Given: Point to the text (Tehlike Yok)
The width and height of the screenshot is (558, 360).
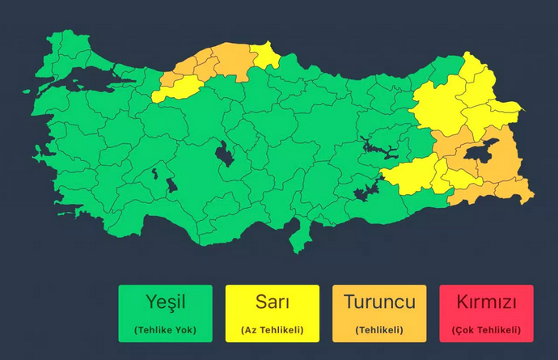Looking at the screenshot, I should [165, 329].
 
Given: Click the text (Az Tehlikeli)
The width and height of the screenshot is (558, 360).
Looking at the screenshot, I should [273, 329].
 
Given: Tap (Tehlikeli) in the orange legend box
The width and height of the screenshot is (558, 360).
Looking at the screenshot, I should [379, 329].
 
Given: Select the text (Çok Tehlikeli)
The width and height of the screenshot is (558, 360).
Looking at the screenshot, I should [486, 329].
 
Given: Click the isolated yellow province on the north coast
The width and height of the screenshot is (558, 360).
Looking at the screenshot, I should [266, 55].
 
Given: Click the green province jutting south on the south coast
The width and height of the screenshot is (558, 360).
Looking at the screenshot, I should [302, 234].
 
